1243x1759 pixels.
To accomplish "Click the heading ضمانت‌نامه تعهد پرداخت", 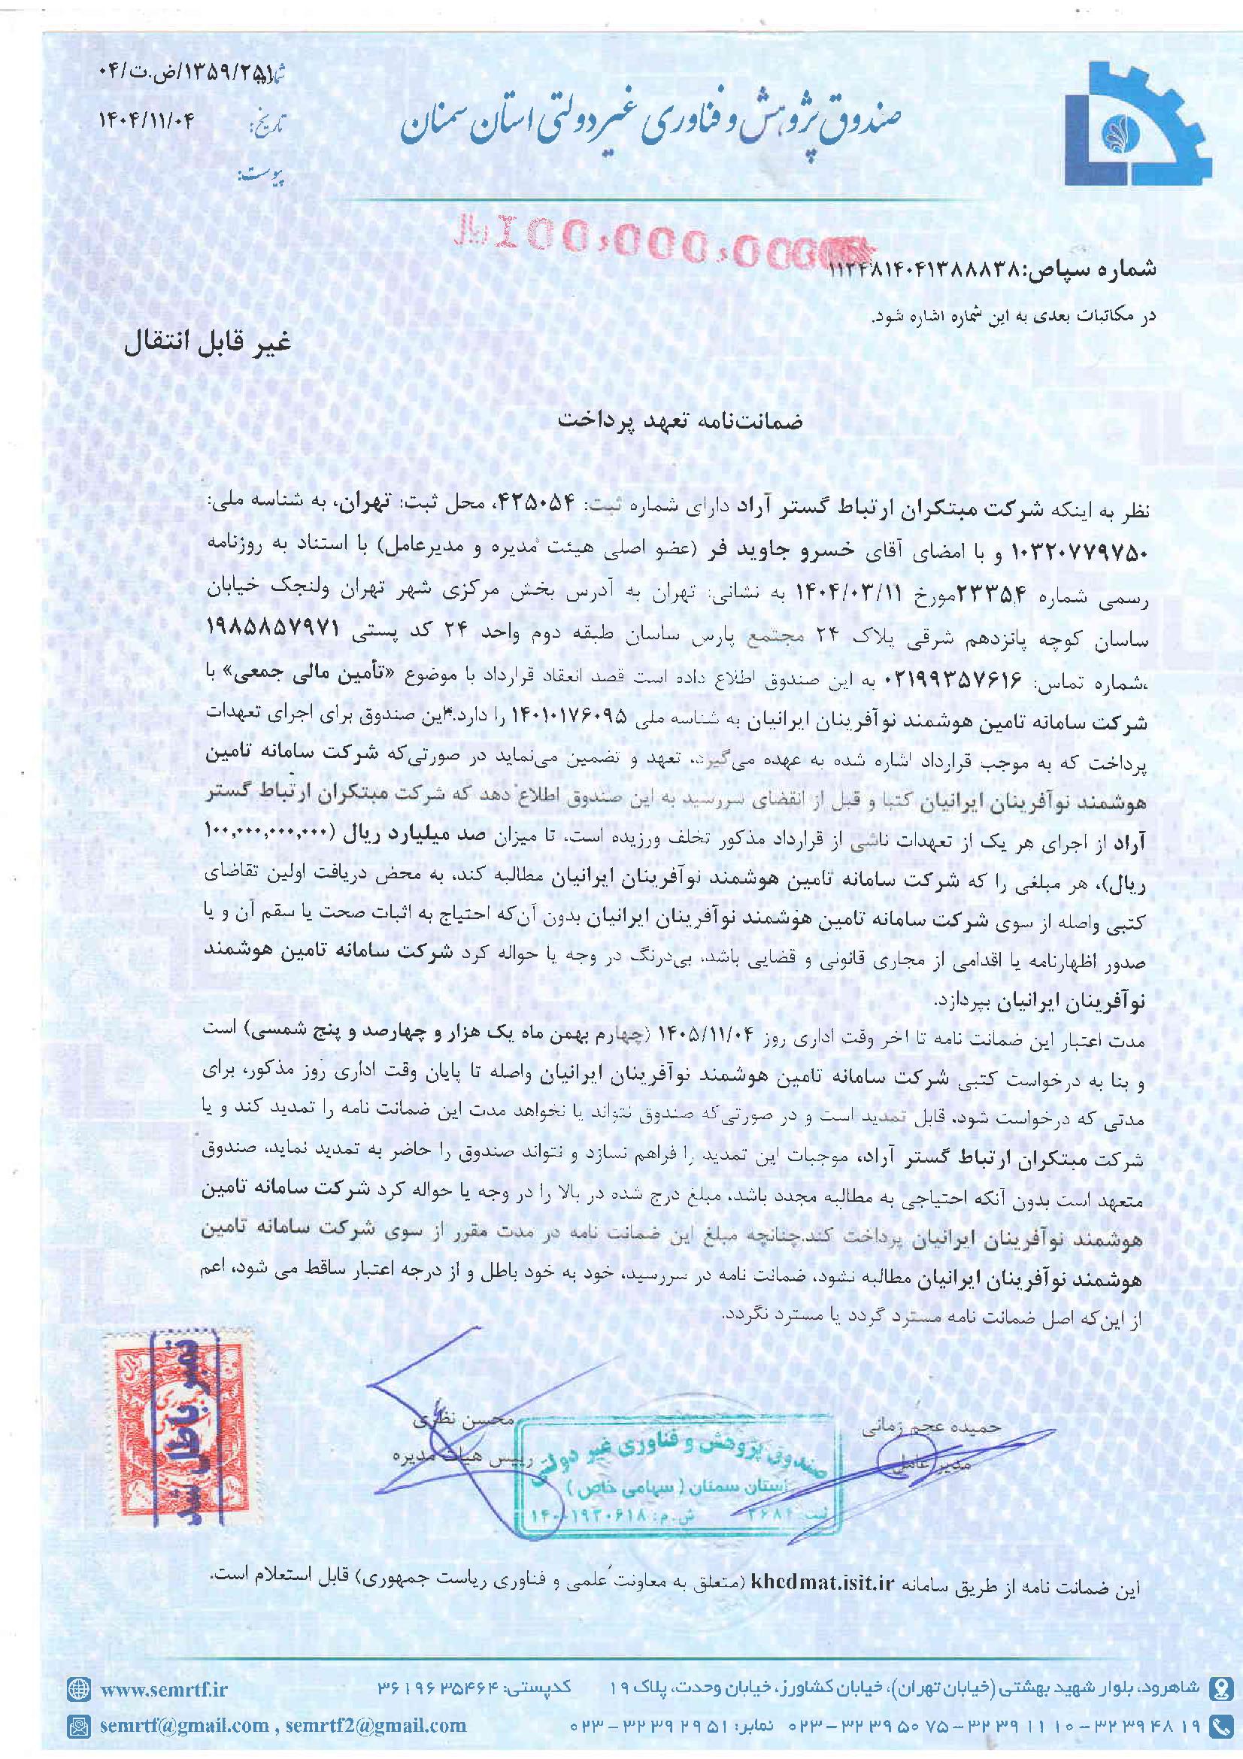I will [679, 421].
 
